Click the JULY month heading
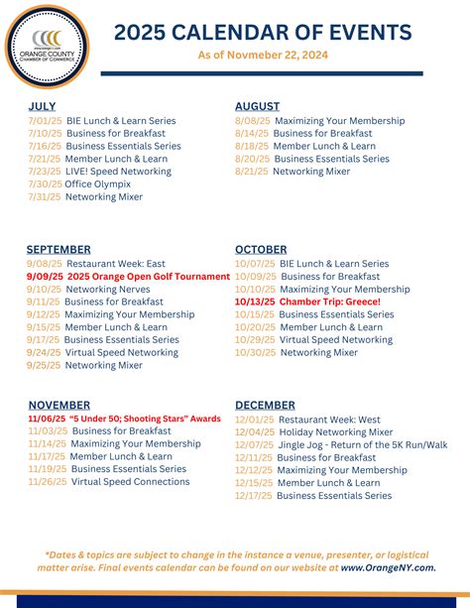[x=42, y=106]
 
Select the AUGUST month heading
[x=257, y=106]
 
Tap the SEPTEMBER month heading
[x=59, y=249]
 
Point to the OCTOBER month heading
[x=261, y=249]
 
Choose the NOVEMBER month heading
[x=59, y=405]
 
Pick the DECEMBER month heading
[x=265, y=405]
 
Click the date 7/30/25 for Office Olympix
[x=44, y=184]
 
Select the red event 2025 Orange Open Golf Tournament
[x=148, y=276]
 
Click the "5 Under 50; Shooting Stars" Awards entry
[x=145, y=419]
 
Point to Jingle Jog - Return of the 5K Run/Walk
[x=362, y=444]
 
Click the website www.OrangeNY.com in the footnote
[x=388, y=567]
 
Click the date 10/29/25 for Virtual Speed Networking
[x=254, y=339]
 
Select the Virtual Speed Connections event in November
[x=130, y=482]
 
